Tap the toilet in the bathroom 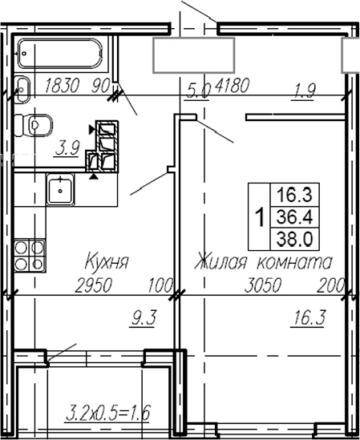point(35,124)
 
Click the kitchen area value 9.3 point(142,319)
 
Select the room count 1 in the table point(259,216)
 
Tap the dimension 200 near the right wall point(329,284)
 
